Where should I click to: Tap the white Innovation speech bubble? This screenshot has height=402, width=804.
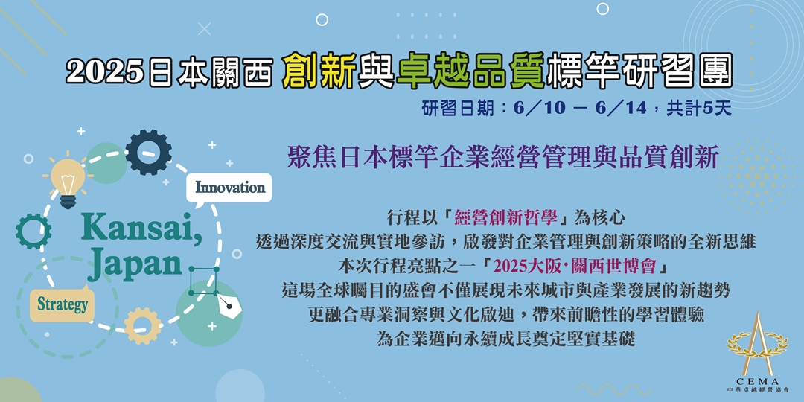230,188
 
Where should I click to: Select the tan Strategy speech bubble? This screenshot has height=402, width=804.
63,304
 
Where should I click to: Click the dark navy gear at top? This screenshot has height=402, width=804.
148,152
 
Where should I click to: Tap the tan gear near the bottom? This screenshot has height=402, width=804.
142,325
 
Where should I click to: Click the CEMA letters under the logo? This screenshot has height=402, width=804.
756,380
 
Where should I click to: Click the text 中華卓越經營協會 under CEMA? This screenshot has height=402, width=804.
756,390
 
